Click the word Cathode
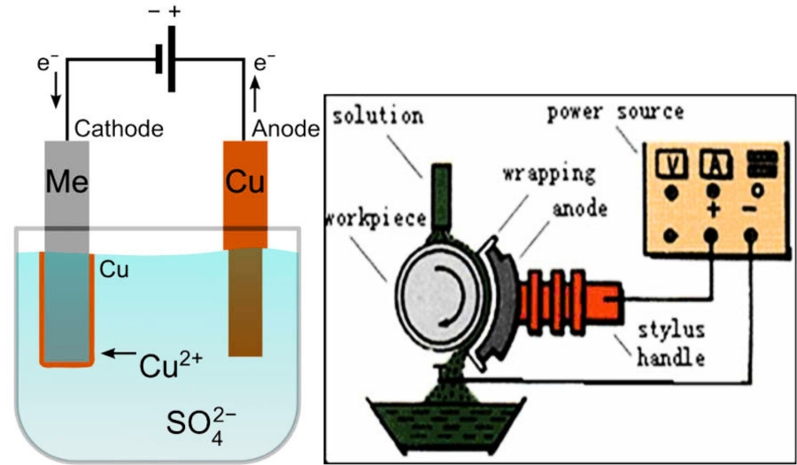(x=119, y=129)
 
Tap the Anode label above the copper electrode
(x=286, y=129)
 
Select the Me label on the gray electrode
(x=66, y=182)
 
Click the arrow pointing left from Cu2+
(x=119, y=353)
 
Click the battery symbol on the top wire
(x=166, y=59)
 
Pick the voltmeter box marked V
(x=670, y=165)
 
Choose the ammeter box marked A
(x=716, y=165)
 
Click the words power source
(x=615, y=112)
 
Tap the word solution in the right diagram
(x=378, y=115)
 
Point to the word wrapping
(x=549, y=174)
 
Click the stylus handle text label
(x=671, y=344)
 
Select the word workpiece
(x=375, y=219)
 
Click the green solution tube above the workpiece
(x=441, y=196)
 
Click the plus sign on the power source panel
(x=713, y=209)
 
